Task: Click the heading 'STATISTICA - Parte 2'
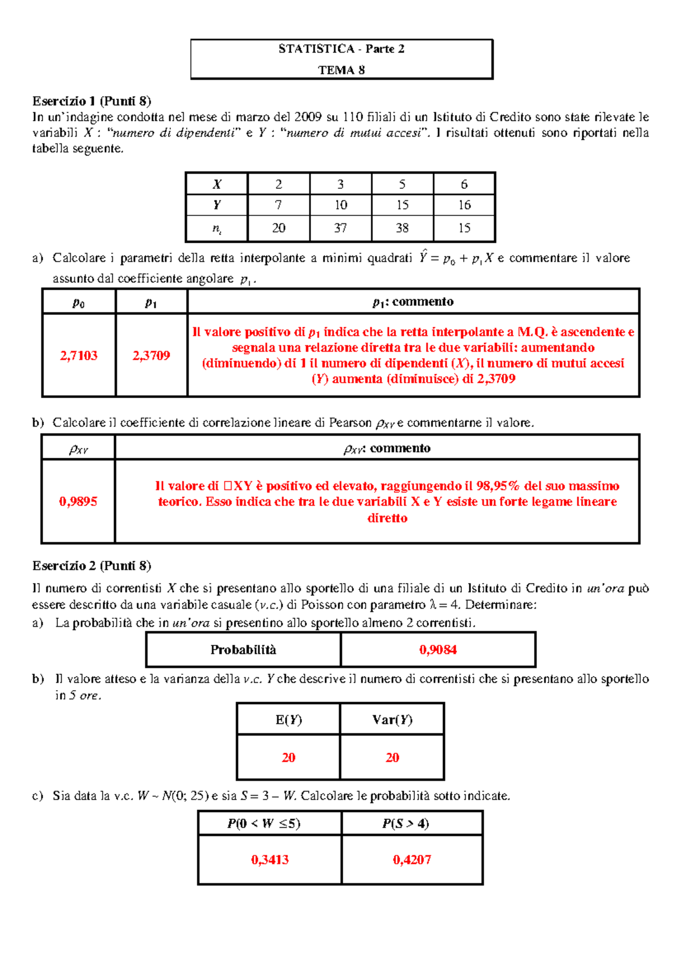tap(341, 49)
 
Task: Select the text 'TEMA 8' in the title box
tap(341, 70)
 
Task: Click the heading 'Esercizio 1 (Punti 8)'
tap(91, 102)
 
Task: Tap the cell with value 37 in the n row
tap(340, 228)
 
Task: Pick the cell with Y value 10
tap(340, 205)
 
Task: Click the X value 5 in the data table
tap(402, 184)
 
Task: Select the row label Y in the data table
tap(217, 205)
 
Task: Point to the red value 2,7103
tap(78, 356)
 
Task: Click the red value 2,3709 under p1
tap(151, 356)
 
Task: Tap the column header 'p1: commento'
tap(413, 302)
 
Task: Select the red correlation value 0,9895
tap(78, 501)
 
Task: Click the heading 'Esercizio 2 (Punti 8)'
tap(91, 566)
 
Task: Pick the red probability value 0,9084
tap(438, 650)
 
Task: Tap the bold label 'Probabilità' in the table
tap(243, 650)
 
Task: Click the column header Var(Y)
tap(392, 720)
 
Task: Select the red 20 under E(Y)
tap(288, 758)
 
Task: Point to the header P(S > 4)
tap(405, 823)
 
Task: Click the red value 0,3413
tap(270, 860)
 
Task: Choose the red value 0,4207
tap(412, 860)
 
